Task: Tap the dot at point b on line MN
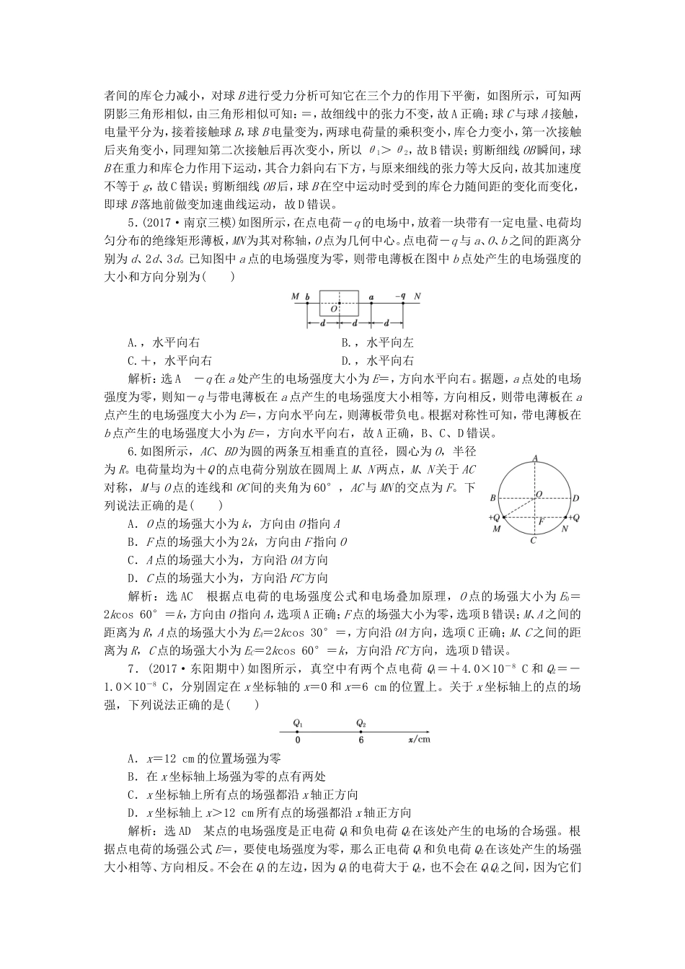[x=307, y=304]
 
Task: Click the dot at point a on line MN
[x=371, y=304]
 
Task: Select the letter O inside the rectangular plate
[x=333, y=309]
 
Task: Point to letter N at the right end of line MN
[x=417, y=296]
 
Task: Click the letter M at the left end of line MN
[x=295, y=296]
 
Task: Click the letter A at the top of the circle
[x=534, y=457]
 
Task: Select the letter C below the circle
[x=534, y=540]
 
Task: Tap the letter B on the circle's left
[x=492, y=497]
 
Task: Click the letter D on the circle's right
[x=576, y=498]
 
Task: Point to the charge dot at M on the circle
[x=504, y=518]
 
